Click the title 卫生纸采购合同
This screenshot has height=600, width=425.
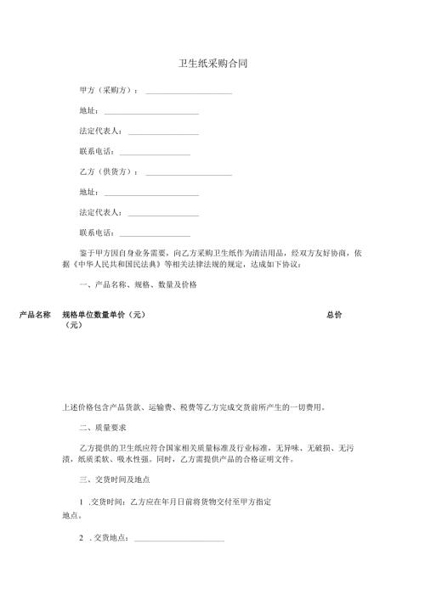pyautogui.click(x=212, y=64)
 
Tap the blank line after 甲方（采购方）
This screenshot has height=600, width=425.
pyautogui.click(x=189, y=92)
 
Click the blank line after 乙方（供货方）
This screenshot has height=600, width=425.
pyautogui.click(x=189, y=175)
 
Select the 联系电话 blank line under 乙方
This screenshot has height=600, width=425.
pyautogui.click(x=155, y=236)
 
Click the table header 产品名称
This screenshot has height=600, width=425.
pyautogui.click(x=37, y=315)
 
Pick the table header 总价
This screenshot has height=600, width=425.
pyautogui.click(x=334, y=315)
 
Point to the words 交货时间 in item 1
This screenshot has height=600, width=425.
pyautogui.click(x=109, y=503)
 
